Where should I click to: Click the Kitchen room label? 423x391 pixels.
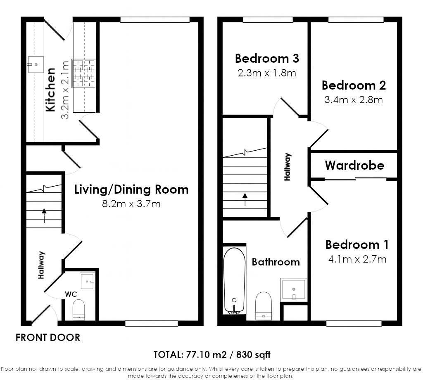coord(51,90)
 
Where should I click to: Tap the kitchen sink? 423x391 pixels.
coord(36,64)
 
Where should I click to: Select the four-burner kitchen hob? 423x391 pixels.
coord(83,73)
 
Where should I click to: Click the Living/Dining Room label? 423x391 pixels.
coord(131,189)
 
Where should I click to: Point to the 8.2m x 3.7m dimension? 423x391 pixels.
coord(131,204)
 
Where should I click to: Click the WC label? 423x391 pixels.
coord(71,294)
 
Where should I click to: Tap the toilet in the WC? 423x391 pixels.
coord(79,310)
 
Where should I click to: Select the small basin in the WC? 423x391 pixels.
coord(88,281)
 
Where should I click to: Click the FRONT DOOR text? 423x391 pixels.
coord(48,338)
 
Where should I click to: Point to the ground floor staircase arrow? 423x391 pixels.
coord(44,215)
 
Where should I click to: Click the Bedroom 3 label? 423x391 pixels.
coord(267,59)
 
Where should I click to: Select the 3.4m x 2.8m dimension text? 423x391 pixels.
coord(354,100)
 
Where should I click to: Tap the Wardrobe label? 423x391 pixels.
coord(354,165)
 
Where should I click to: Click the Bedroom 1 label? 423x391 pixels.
coord(357,245)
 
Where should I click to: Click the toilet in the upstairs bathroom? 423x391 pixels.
coord(263,306)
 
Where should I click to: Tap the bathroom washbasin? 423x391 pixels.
coord(294,290)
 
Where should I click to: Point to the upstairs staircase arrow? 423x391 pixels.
coord(245,199)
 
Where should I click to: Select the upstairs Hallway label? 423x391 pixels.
coord(288,167)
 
